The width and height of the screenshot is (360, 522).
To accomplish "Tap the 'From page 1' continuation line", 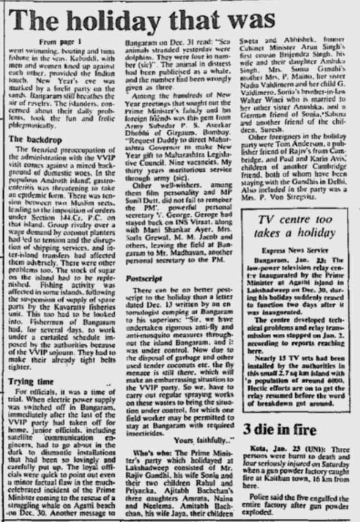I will coord(60,42).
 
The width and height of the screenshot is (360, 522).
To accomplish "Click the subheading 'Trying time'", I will coord(31,381).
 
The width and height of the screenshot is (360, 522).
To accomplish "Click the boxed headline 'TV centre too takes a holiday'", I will coord(294,226).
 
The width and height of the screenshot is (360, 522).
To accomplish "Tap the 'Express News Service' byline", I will coord(294,250).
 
